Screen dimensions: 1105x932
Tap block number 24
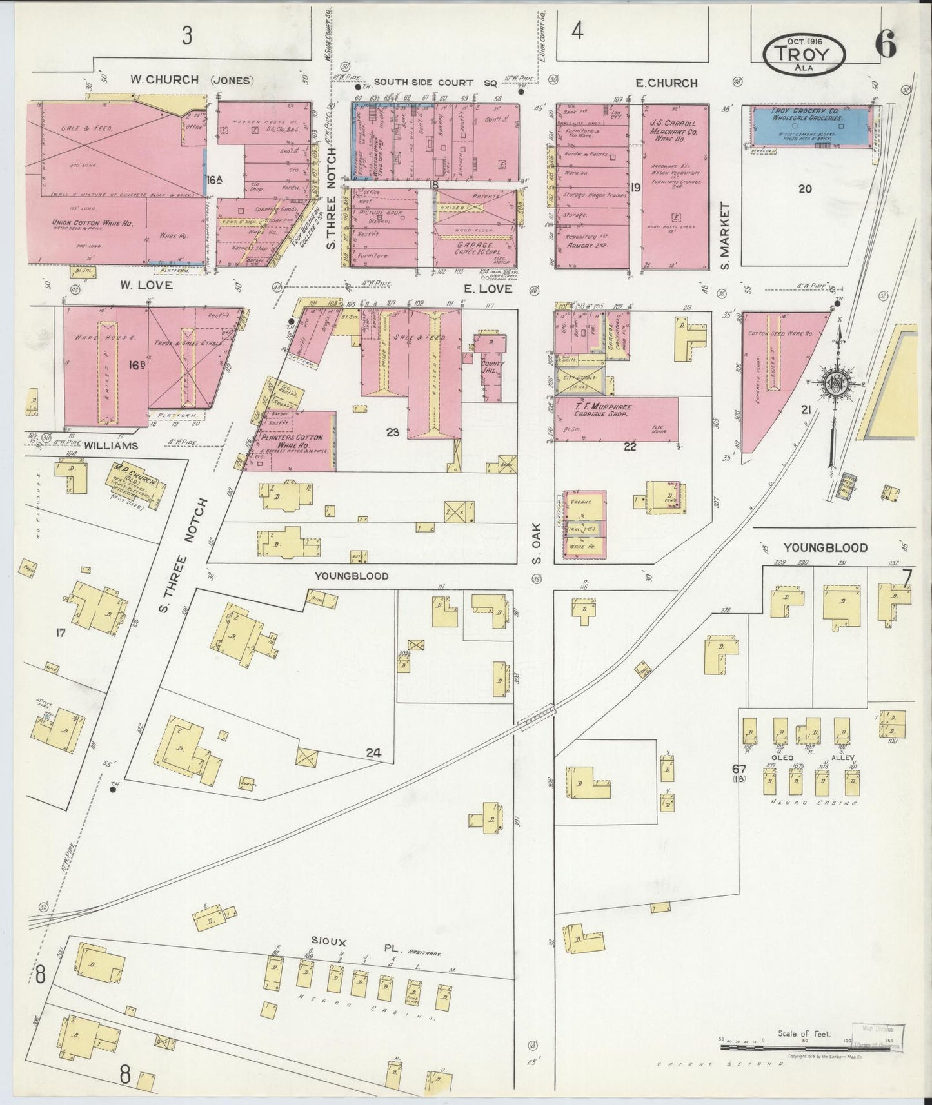(373, 752)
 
